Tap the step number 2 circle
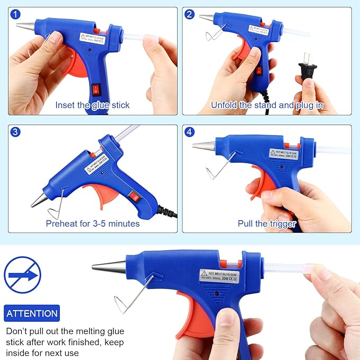189,15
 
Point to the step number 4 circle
189,133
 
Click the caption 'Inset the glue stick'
92,105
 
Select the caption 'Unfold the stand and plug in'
266,105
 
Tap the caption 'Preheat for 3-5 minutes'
93,223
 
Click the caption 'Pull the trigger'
267,224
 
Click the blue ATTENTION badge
32,313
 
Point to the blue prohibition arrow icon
22,275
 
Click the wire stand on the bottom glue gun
133,294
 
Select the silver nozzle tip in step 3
39,200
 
